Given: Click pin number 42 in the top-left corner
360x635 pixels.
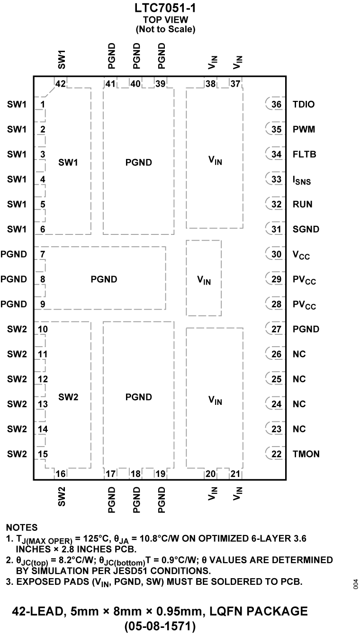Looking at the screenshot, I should (x=60, y=84).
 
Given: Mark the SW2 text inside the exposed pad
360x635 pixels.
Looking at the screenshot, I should (x=68, y=397).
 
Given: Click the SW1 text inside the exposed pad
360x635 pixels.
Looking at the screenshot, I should (x=68, y=162).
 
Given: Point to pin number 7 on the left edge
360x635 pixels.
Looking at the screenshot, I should (x=43, y=254).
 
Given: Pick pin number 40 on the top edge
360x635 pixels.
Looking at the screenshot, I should (x=135, y=84).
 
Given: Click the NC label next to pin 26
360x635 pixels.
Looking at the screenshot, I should (x=299, y=354).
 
